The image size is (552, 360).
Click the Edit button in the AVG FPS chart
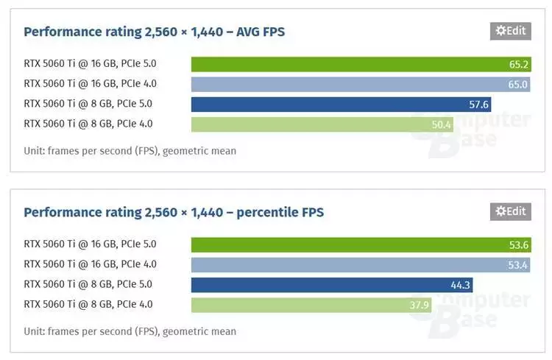(510, 31)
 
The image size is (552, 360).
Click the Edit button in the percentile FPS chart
(510, 211)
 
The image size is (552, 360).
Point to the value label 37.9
(420, 305)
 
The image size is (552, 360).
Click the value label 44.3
(461, 285)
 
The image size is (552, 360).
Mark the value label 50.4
(442, 124)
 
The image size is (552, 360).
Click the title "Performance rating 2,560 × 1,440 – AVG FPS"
(155, 32)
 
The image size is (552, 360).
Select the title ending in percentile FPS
(174, 212)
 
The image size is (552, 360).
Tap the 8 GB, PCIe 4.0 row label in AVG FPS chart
(88, 124)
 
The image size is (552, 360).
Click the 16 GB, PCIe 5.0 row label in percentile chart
(90, 244)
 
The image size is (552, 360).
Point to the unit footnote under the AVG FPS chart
(130, 151)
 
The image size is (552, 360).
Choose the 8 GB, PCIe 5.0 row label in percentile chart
(88, 284)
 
